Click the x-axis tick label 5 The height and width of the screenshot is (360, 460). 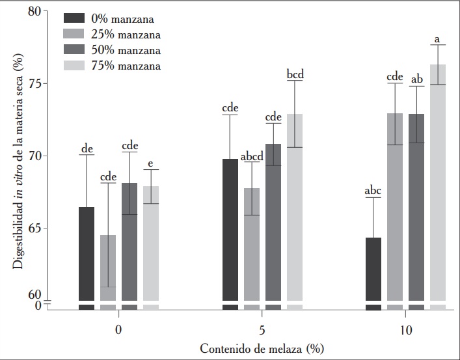(x=262, y=330)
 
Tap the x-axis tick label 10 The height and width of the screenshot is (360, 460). (x=405, y=330)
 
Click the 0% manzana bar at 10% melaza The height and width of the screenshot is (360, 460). (x=373, y=268)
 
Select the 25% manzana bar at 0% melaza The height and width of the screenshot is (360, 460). (x=108, y=267)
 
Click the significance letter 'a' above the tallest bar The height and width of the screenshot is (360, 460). (x=437, y=40)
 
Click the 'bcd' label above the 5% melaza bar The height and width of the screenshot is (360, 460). (x=295, y=74)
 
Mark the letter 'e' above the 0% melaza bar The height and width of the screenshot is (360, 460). (x=151, y=163)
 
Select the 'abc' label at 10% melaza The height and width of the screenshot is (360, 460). (x=373, y=191)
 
